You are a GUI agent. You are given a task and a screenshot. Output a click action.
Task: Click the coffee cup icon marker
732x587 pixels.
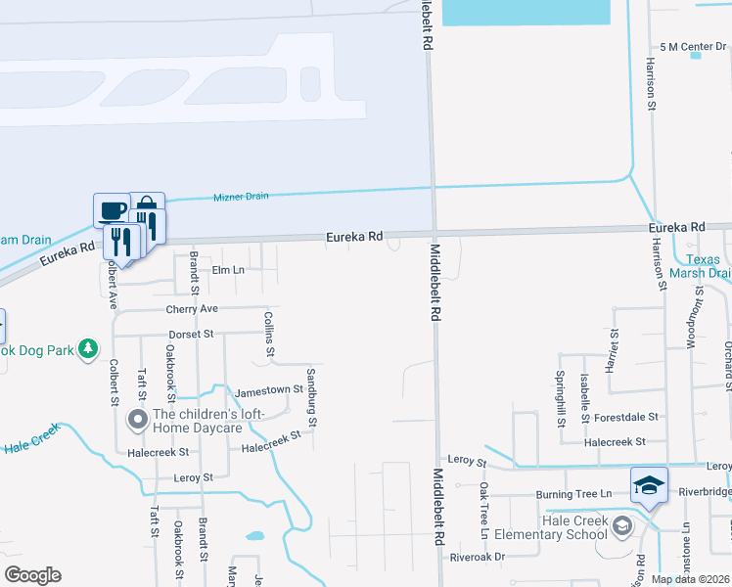111,209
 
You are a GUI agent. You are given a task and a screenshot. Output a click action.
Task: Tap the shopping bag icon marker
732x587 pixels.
146,207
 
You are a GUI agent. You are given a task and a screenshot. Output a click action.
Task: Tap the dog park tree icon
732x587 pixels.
88,348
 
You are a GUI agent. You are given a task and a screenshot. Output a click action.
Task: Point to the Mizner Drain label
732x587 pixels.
241,197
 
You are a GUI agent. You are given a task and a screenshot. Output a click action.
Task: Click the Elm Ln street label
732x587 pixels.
227,270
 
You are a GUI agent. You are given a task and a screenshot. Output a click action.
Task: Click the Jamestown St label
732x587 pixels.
262,390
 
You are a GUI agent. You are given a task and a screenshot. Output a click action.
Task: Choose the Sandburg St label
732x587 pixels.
312,398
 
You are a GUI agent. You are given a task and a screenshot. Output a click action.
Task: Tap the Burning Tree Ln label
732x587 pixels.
578,495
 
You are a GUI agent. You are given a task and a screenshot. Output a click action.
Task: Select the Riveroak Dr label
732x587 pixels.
477,557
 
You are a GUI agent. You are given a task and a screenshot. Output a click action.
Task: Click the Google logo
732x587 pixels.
32,575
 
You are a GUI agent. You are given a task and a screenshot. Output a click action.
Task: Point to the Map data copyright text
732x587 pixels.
689,579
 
